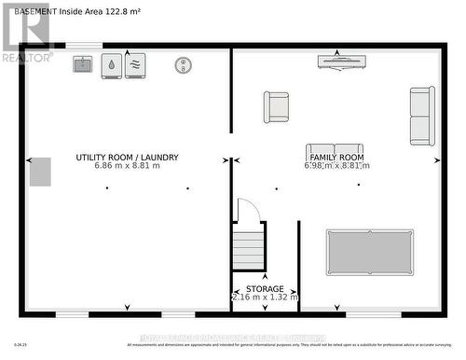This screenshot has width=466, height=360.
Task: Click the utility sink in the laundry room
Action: pos(83,64)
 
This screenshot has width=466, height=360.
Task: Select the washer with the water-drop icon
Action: pos(111,64)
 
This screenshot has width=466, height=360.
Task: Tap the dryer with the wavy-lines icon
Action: pos(135,64)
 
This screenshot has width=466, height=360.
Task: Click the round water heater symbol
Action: pos(184,64)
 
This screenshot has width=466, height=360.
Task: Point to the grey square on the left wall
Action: pos(40,172)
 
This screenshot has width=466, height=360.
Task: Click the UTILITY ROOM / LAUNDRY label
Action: pos(127,158)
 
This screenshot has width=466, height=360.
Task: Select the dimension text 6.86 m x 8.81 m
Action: pos(127,167)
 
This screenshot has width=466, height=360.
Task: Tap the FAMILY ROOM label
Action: pos(336,158)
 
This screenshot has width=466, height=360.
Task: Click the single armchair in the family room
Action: pos(276,106)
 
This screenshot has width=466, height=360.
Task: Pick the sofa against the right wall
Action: pos(422,116)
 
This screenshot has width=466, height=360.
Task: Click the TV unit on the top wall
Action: pos(341,62)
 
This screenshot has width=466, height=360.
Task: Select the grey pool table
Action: pos(370,252)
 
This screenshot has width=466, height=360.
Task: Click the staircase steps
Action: pos(249,249)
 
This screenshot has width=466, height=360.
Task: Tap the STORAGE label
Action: pos(265,289)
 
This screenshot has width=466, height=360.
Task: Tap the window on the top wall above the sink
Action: pos(84,45)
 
